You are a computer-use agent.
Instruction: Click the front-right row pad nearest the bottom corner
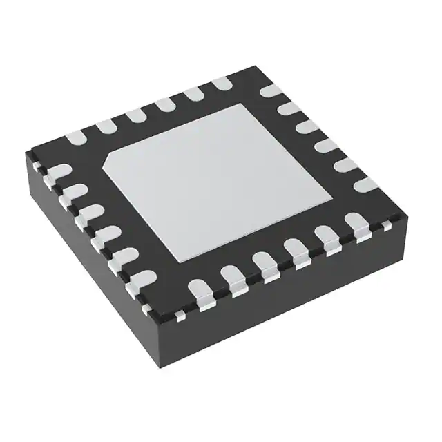coord(198,289)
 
